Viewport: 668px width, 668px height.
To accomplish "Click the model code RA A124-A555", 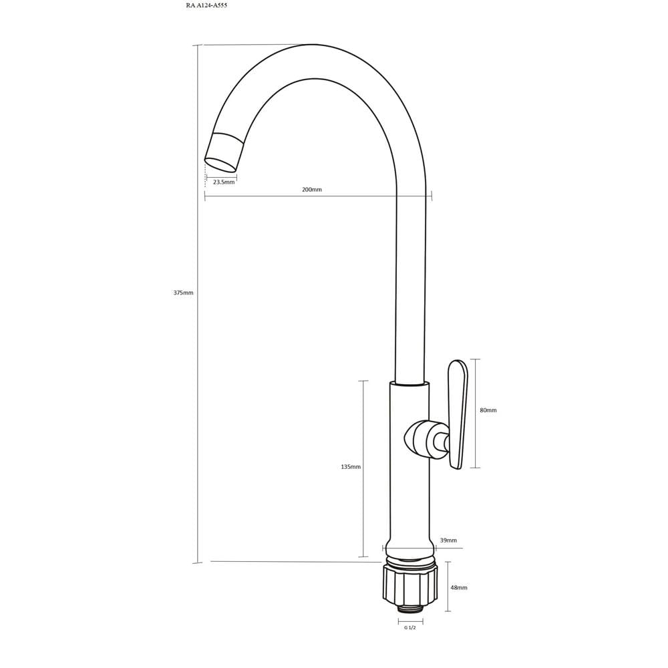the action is (206, 5).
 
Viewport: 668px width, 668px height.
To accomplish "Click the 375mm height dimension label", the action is (183, 293).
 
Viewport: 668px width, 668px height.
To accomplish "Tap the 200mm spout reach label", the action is (312, 189).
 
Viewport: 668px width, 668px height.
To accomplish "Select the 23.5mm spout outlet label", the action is (224, 182).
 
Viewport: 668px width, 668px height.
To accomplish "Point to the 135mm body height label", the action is (351, 466).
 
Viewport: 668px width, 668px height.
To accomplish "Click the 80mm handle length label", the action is (488, 410).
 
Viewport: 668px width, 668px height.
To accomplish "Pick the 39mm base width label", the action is (448, 540).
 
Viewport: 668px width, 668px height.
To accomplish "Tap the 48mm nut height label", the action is (459, 587).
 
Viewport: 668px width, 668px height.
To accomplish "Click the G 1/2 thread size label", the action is (410, 627).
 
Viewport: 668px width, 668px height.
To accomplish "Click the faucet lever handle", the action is (458, 414).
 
